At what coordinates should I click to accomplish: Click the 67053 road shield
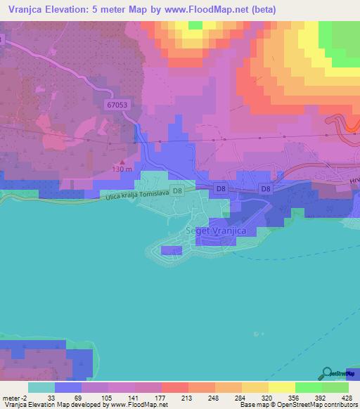click(119, 104)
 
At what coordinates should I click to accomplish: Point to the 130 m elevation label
click(122, 169)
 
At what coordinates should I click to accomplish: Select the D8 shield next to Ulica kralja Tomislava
click(178, 190)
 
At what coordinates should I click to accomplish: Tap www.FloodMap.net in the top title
click(211, 10)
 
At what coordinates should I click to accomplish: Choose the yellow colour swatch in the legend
click(281, 387)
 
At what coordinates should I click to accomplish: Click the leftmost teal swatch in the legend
click(41, 387)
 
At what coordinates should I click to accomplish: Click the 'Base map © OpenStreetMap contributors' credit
click(298, 405)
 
